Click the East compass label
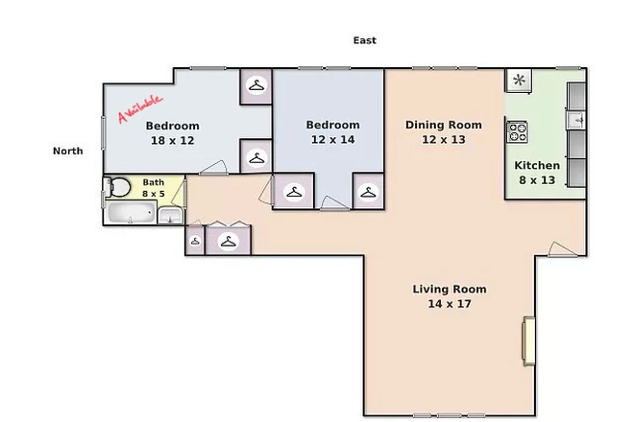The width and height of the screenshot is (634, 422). [364, 40]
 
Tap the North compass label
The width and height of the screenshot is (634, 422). [67, 151]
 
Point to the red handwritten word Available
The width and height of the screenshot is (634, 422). [140, 107]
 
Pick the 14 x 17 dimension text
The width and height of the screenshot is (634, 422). [449, 303]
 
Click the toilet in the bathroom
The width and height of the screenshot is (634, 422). [116, 188]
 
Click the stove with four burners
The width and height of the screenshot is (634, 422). [518, 130]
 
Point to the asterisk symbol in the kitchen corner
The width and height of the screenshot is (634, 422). [519, 80]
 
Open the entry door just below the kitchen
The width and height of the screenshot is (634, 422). [563, 250]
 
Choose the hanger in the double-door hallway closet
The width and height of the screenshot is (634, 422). [229, 242]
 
